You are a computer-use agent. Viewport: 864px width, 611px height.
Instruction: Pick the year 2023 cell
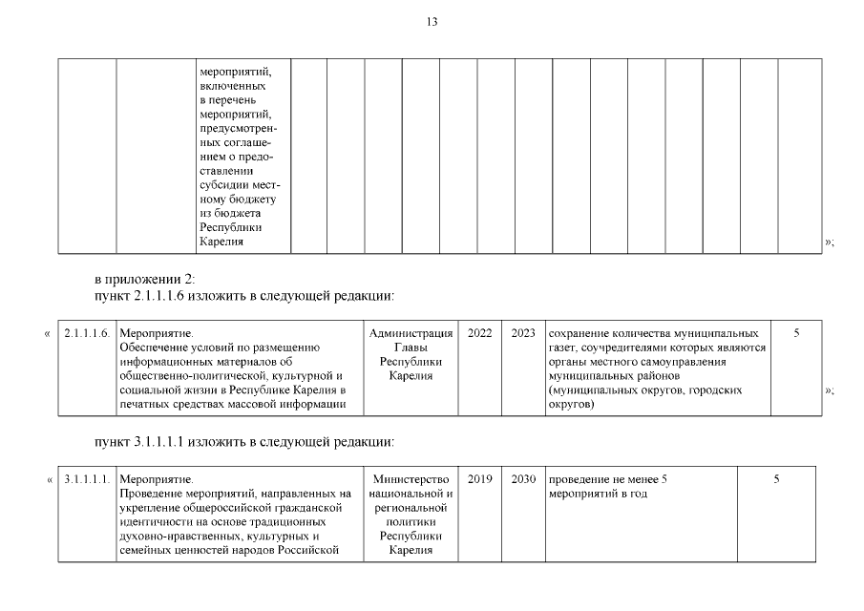pyautogui.click(x=523, y=334)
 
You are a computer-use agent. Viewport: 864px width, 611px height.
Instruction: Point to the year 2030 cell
pyautogui.click(x=523, y=479)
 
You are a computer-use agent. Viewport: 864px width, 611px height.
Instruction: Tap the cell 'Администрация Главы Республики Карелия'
pyautogui.click(x=411, y=354)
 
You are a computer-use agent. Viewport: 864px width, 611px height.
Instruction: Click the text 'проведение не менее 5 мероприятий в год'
pyautogui.click(x=606, y=486)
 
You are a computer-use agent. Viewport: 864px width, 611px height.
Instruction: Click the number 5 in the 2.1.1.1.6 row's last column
pyautogui.click(x=795, y=334)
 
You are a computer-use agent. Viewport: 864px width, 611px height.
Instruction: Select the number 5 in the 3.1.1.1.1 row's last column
pyautogui.click(x=776, y=479)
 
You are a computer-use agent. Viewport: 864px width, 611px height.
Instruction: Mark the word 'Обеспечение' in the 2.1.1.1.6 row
pyautogui.click(x=153, y=348)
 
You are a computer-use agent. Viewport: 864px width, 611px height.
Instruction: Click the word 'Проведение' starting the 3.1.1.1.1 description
pyautogui.click(x=151, y=494)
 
